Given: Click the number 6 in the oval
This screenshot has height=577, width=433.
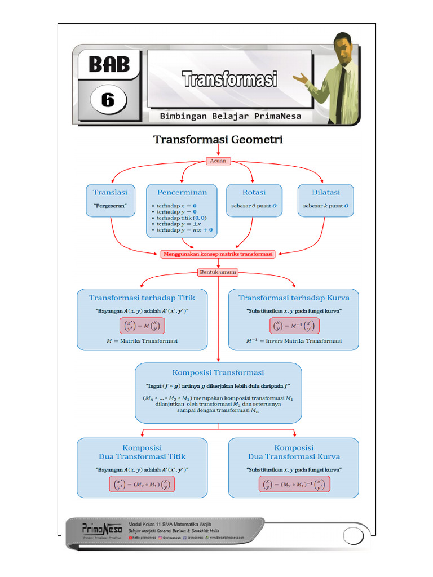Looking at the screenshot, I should [x=107, y=100].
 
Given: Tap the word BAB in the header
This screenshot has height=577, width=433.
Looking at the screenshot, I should [x=109, y=65].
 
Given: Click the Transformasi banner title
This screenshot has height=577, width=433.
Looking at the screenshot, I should [x=229, y=78].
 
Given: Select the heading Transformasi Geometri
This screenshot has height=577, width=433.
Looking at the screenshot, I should [x=218, y=139].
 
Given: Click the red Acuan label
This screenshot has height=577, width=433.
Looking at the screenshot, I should [x=218, y=161].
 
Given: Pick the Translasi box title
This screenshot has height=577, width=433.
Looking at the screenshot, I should [x=110, y=193].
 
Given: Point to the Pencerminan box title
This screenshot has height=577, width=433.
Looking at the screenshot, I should [x=182, y=193].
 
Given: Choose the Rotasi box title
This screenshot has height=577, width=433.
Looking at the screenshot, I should [x=254, y=193].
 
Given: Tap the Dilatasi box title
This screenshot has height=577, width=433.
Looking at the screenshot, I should [x=326, y=193].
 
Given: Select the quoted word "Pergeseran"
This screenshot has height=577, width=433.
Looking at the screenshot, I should [x=110, y=206].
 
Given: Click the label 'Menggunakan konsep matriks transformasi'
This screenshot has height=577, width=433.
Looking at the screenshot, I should [x=218, y=254].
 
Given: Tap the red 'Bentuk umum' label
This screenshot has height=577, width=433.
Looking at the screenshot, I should [x=218, y=272].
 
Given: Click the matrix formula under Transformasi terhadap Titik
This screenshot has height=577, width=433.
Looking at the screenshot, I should [x=142, y=326].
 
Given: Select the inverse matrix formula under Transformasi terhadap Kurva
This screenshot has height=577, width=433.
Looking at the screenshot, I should [x=294, y=326].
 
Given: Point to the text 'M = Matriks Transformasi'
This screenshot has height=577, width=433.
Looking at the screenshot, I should [x=142, y=341].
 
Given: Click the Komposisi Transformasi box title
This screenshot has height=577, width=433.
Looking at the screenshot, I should [x=218, y=373].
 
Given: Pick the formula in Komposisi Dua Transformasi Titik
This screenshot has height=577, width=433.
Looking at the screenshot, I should [x=142, y=485].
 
